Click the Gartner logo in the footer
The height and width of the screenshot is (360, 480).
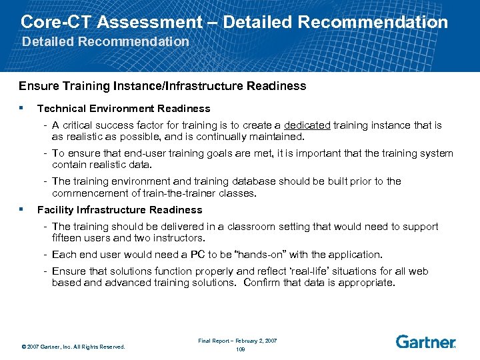[425, 342]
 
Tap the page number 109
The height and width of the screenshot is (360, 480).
[241, 349]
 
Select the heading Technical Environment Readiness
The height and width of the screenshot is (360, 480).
[123, 108]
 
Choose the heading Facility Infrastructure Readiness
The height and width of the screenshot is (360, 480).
[119, 209]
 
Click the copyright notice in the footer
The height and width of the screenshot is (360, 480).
[73, 347]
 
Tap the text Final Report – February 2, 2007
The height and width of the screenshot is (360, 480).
[237, 341]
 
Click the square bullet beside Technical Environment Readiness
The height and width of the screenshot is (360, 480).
[22, 107]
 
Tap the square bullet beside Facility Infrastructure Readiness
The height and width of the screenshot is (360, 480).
[22, 209]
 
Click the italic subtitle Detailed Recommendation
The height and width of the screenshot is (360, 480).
[105, 41]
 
